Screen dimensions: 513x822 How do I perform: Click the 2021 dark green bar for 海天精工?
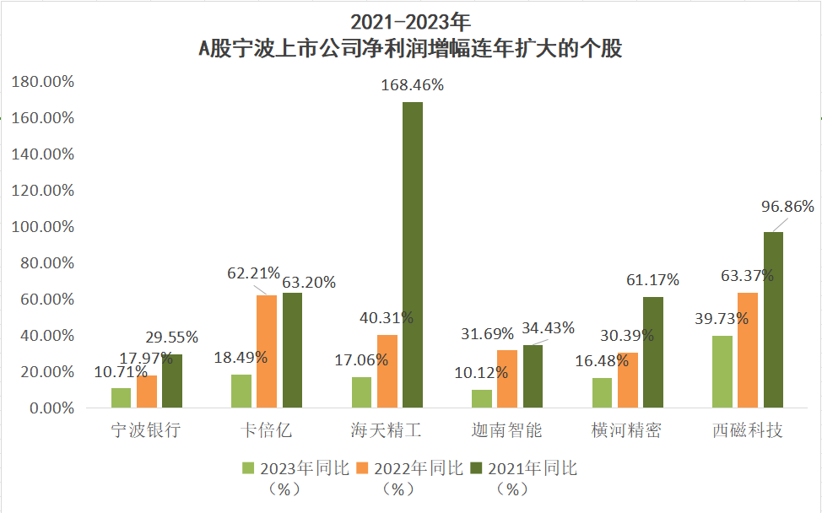412,255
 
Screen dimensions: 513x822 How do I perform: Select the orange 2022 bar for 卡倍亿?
267,351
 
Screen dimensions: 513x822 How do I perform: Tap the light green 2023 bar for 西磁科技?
722,371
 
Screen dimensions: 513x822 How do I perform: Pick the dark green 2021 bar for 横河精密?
653,352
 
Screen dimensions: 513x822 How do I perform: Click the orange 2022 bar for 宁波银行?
147,391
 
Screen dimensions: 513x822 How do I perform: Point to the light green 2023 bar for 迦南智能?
482,398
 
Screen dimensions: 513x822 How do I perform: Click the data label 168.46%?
412,85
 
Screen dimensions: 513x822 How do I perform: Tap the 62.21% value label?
253,273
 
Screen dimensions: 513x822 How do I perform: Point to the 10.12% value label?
479,372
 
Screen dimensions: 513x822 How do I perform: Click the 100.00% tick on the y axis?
43,227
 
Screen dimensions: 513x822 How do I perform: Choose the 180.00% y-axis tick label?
43,82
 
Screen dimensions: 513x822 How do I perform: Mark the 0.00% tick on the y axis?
49,408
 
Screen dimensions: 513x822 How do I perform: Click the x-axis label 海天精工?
386,431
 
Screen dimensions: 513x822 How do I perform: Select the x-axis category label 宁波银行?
146,431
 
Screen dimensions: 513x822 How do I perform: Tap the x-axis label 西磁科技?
748,431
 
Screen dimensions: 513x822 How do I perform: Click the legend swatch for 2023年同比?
248,467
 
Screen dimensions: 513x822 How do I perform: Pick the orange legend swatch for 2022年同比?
362,467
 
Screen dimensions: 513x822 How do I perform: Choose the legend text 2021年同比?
533,468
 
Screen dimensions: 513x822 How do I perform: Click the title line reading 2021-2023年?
410,20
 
